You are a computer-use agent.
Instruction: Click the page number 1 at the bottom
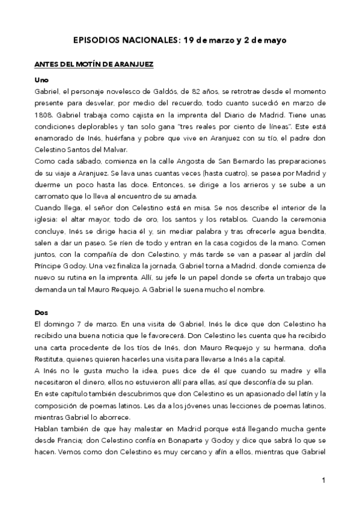(323, 480)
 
